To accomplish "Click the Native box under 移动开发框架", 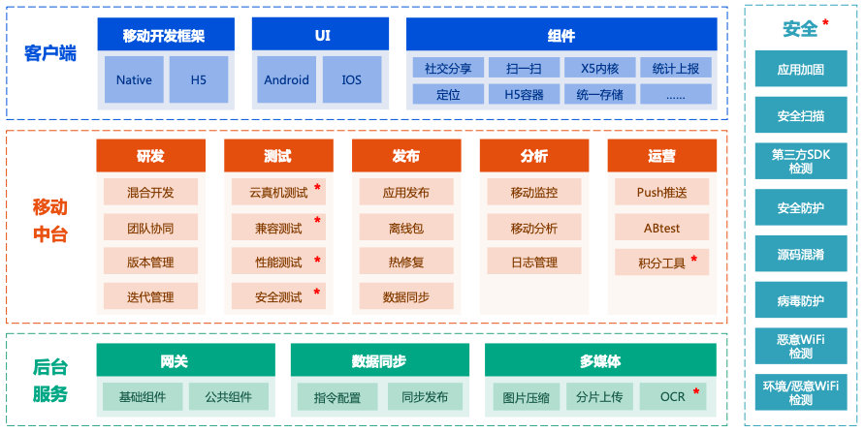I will click(x=134, y=80).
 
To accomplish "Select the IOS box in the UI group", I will click(x=351, y=80).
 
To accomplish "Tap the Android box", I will click(x=286, y=80).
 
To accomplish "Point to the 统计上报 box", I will click(x=676, y=68).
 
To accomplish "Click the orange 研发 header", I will click(x=150, y=156).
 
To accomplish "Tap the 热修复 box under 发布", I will click(x=405, y=262).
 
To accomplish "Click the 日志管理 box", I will click(x=533, y=262).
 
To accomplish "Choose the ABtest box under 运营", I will click(x=661, y=227).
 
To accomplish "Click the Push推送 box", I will click(x=661, y=192).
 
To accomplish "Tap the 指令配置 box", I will click(x=336, y=397).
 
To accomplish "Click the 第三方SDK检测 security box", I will click(x=800, y=161).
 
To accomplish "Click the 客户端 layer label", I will click(x=50, y=53).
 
